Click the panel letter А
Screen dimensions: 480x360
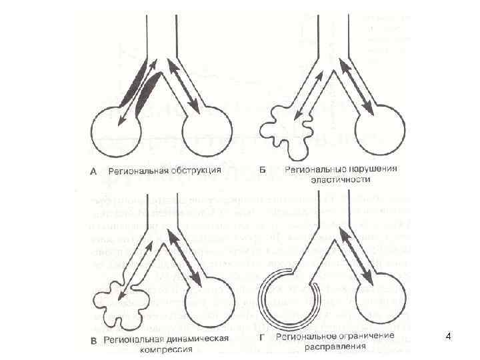[x=93, y=171]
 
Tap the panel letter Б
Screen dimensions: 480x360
[x=262, y=170]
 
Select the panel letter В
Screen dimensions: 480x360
[x=93, y=339]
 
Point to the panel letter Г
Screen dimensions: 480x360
[x=262, y=337]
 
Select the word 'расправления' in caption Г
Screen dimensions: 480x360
[x=336, y=347]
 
